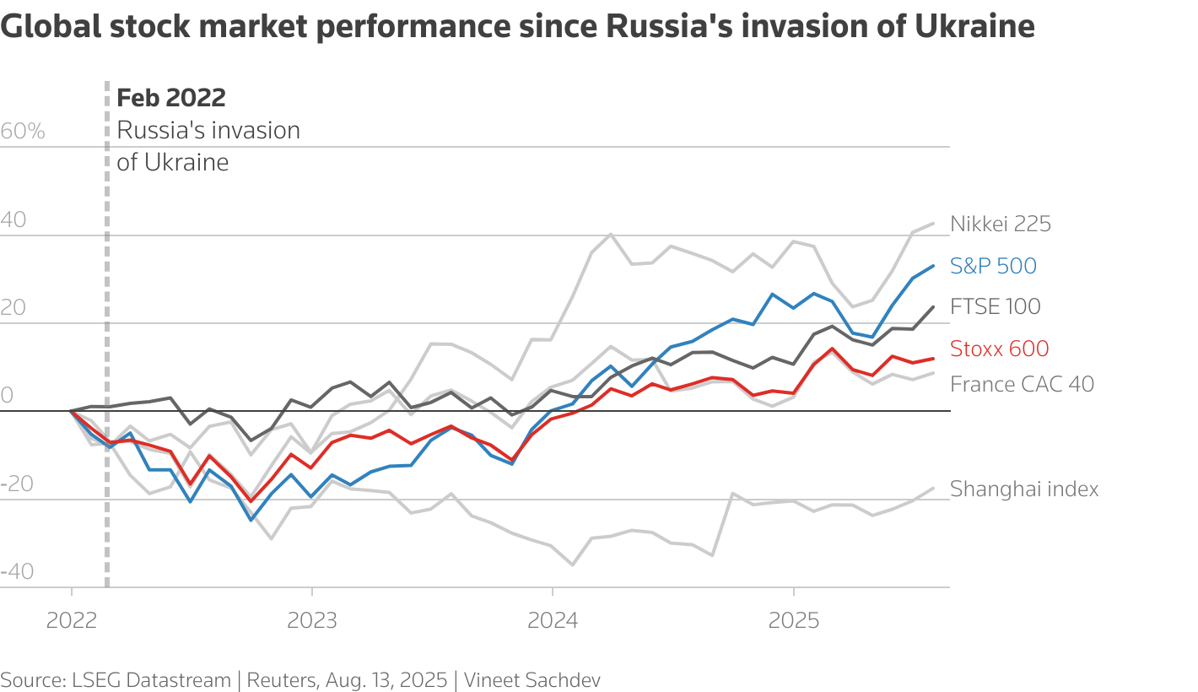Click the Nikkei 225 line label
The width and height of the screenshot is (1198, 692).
pos(1001,224)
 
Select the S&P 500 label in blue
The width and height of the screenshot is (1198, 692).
pos(993,266)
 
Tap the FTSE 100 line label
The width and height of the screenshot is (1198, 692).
pos(996,306)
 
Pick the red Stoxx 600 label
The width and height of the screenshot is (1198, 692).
pos(1000,349)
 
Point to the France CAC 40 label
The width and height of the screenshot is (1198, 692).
pos(1022,384)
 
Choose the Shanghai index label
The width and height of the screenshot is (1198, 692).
pos(1024,489)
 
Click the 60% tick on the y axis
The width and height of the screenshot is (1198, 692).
pos(23,132)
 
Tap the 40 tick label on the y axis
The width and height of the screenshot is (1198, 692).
pos(13,220)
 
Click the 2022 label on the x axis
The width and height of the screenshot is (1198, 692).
pos(72,621)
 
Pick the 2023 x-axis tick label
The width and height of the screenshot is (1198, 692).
pos(312,621)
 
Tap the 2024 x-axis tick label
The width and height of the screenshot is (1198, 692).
pos(553,621)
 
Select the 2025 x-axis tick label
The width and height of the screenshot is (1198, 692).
pos(793,621)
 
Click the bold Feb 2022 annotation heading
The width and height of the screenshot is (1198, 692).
pos(171,98)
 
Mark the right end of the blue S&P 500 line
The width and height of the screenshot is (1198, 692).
pos(934,266)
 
